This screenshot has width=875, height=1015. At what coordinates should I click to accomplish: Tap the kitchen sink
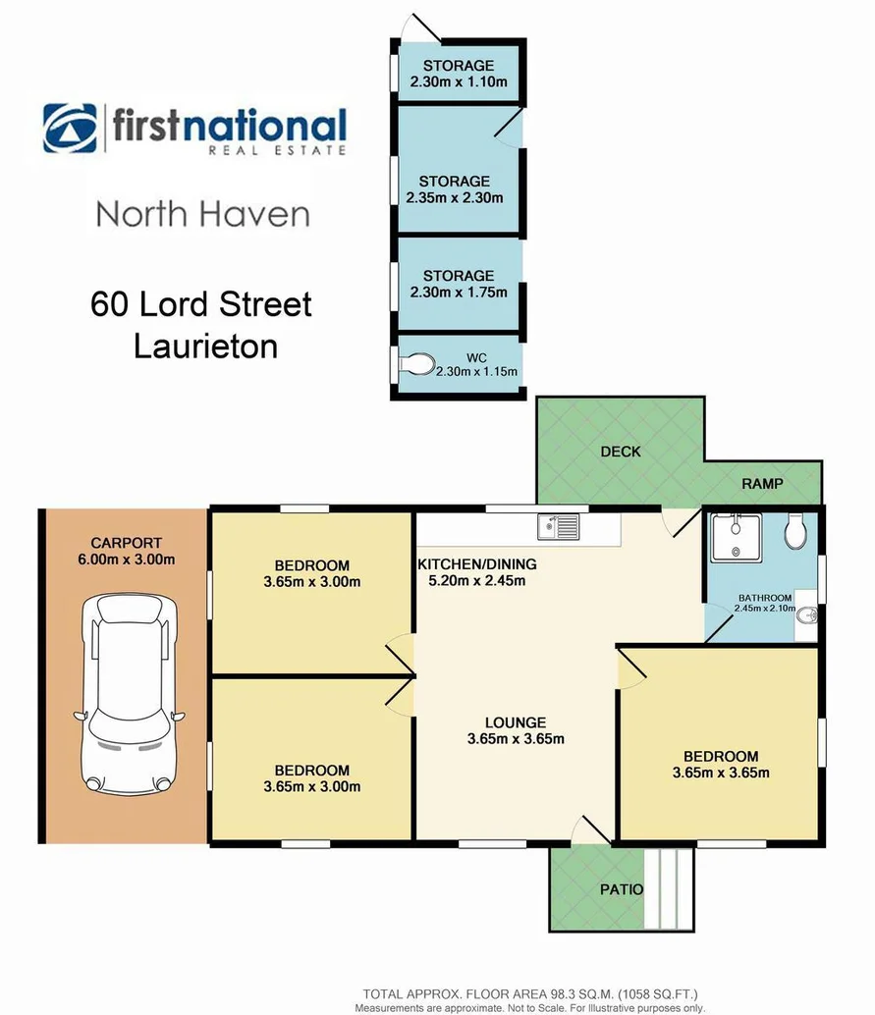pyautogui.click(x=558, y=527)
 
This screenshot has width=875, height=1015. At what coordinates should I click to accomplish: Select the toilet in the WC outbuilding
pyautogui.click(x=415, y=365)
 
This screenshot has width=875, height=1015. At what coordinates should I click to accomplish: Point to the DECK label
pyautogui.click(x=620, y=452)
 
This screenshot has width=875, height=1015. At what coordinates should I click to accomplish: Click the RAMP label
pyautogui.click(x=762, y=484)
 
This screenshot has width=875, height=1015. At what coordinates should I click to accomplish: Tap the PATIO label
pyautogui.click(x=622, y=890)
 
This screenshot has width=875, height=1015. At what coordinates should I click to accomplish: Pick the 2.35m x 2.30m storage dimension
pyautogui.click(x=454, y=197)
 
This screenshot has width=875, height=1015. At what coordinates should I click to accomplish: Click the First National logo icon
pyautogui.click(x=70, y=129)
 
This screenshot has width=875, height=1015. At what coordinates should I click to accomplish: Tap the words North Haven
pyautogui.click(x=202, y=214)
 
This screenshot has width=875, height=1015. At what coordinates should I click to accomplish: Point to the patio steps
pyautogui.click(x=670, y=889)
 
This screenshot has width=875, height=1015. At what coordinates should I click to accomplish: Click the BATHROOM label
pyautogui.click(x=765, y=597)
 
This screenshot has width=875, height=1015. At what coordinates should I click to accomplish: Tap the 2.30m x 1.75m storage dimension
pyautogui.click(x=458, y=292)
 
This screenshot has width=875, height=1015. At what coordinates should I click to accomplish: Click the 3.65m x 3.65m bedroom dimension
pyautogui.click(x=720, y=773)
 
